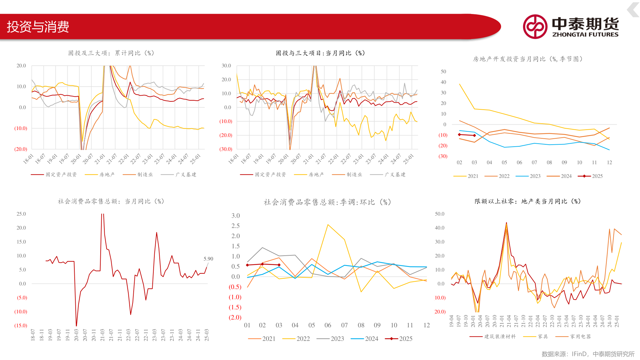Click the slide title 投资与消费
pos(38,27)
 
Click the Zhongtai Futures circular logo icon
pos(535,27)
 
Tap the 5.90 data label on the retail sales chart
pos(208,259)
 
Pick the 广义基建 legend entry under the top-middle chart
pos(388,174)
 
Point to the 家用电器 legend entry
pos(573,336)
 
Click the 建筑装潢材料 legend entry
pos(493,336)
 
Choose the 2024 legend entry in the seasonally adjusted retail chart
pos(365,339)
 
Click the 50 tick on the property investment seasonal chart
pos(443,72)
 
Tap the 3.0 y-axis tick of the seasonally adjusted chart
pos(236,216)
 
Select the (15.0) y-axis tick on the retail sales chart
pos(21,326)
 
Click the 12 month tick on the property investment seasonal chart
pos(609,162)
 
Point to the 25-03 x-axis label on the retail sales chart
pos(207,335)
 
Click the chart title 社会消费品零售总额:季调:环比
pos(327,202)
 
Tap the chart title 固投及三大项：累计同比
pos(111,53)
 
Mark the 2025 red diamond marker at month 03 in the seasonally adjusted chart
pos(279,265)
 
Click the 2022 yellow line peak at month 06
pos(328,225)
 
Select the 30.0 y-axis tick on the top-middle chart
pos(226,66)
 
